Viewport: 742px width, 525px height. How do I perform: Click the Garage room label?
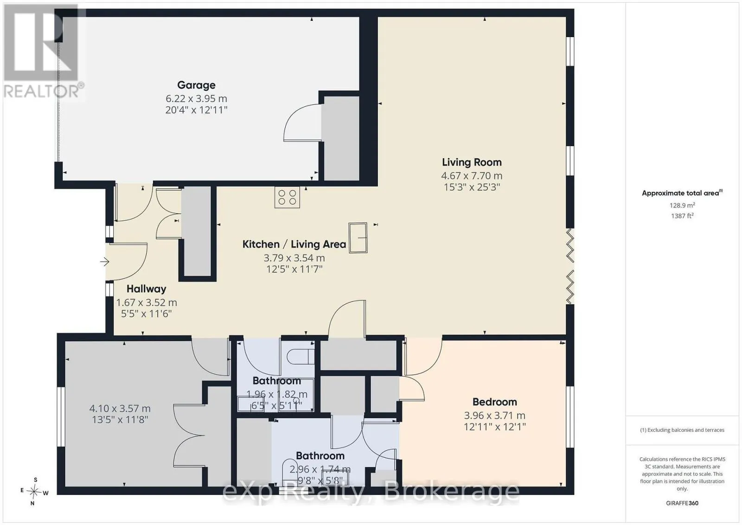click(x=197, y=85)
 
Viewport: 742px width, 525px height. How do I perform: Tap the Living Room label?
click(x=472, y=162)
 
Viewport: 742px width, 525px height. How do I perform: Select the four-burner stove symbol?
click(x=287, y=198)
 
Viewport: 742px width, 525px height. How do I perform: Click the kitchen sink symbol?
click(x=358, y=238)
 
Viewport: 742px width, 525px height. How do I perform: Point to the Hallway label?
click(x=147, y=289)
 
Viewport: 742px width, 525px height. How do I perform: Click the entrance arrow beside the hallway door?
click(x=105, y=262)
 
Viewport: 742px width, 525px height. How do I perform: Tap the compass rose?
click(x=34, y=492)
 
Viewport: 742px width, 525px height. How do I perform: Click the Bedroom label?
click(x=494, y=402)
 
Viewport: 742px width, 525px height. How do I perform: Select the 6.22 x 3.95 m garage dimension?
click(x=197, y=99)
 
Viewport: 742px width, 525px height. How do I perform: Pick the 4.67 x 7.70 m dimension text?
click(x=472, y=176)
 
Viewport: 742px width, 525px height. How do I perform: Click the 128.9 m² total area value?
click(x=682, y=205)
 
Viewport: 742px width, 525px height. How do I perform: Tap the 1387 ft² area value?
click(x=682, y=216)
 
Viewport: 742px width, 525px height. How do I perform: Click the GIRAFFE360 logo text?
click(x=682, y=503)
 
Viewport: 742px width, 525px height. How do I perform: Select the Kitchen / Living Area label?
click(x=294, y=244)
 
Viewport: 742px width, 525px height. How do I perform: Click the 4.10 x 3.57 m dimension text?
click(x=120, y=409)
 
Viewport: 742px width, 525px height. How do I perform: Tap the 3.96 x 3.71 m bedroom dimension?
click(x=494, y=416)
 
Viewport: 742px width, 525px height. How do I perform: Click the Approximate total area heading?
click(x=682, y=193)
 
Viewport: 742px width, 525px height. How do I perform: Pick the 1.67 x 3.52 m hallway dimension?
click(x=147, y=303)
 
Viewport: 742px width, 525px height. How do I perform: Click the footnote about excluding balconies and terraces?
click(x=682, y=430)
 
